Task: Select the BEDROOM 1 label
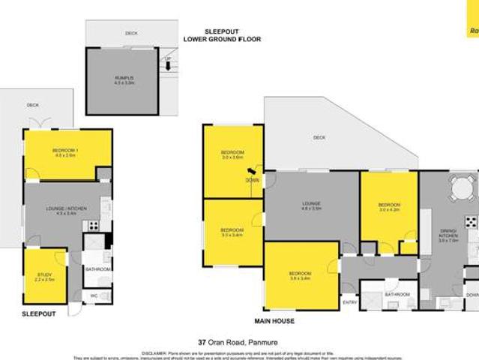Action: click(x=66, y=151)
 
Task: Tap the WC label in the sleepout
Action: click(x=94, y=295)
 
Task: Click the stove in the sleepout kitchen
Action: click(x=94, y=224)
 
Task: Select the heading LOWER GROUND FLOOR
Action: click(x=223, y=38)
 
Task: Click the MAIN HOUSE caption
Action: click(x=274, y=321)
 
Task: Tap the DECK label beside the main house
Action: click(x=319, y=137)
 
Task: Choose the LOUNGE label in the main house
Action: click(x=311, y=204)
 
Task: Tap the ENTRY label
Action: click(x=349, y=302)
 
